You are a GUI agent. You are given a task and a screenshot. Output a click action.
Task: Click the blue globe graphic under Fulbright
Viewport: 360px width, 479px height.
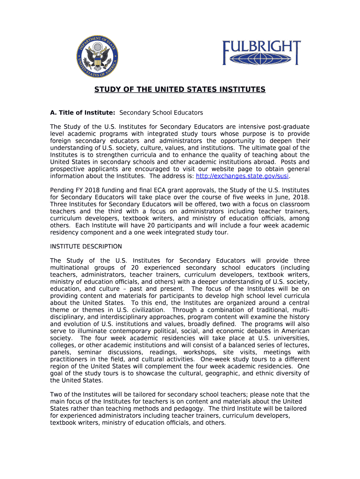point(261,60)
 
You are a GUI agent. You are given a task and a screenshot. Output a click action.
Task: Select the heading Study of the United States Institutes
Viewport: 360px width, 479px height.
point(180,89)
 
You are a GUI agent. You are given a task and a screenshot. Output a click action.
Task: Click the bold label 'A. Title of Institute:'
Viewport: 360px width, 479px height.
point(83,113)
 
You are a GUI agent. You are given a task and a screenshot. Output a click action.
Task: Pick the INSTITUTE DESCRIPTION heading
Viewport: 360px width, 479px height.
point(86,247)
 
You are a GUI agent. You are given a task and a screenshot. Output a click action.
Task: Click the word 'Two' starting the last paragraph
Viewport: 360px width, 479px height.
point(56,394)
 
